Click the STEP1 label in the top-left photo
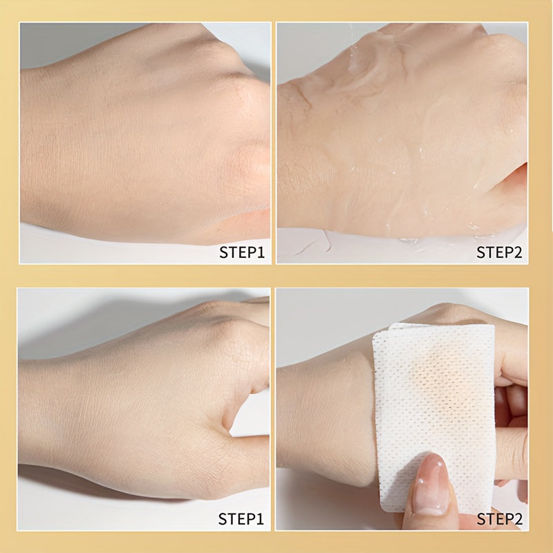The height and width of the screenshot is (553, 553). (242, 252)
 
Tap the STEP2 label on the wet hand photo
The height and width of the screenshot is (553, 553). (499, 252)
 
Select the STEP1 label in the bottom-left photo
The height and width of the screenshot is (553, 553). (242, 518)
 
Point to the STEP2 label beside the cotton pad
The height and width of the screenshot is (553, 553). (499, 518)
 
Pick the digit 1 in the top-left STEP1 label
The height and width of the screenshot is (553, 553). (261, 252)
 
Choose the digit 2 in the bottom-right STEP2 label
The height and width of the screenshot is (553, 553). (518, 518)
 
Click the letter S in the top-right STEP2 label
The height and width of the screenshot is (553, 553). (481, 252)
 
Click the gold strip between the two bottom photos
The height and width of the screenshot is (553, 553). (274, 408)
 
